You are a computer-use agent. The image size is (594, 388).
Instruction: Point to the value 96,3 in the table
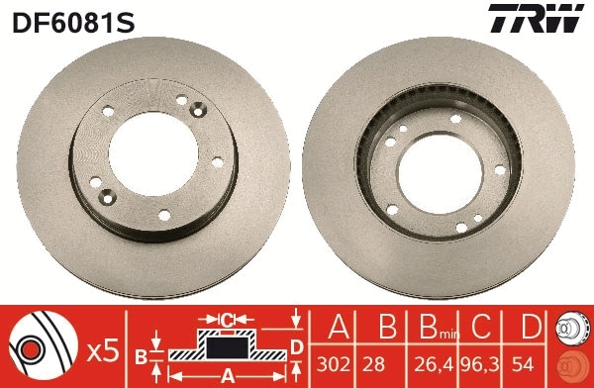(x=482, y=363)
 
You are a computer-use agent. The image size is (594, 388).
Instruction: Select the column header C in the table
(x=482, y=328)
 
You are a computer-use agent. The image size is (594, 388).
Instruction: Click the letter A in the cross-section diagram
(x=227, y=375)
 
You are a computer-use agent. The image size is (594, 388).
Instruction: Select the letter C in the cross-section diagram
(x=227, y=319)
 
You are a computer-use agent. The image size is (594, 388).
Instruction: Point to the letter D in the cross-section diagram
(x=296, y=344)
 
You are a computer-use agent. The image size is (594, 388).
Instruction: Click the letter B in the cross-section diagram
(x=142, y=355)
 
